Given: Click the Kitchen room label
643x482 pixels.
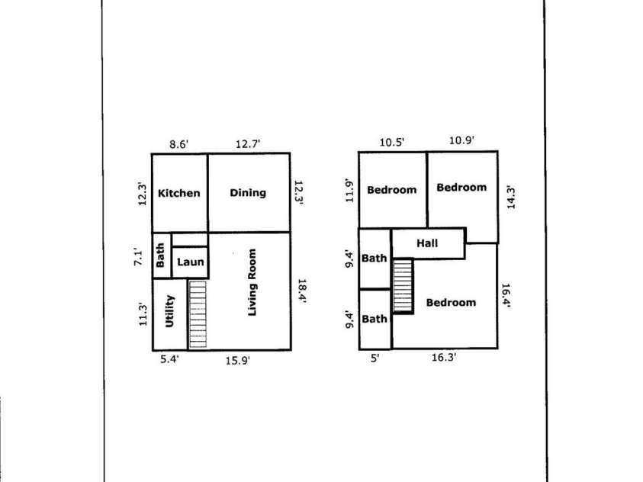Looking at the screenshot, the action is (179, 193).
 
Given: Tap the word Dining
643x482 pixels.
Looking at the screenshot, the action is (248, 193).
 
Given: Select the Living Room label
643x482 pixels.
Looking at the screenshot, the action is (252, 282).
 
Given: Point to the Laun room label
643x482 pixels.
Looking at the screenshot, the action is (190, 262).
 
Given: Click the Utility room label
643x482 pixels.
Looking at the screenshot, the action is (169, 311).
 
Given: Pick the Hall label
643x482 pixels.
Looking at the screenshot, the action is (427, 243).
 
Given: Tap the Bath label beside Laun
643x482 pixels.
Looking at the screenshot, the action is (160, 255).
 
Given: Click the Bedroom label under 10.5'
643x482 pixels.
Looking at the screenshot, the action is (391, 190).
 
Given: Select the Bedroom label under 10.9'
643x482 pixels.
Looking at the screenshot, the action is (461, 188).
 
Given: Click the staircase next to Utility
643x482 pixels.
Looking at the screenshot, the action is (198, 314).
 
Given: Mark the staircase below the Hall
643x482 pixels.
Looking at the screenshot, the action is (403, 286).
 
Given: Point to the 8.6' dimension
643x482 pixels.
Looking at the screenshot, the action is (179, 145).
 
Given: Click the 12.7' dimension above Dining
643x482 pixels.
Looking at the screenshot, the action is (248, 144).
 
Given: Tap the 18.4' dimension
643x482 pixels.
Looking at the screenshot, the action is (301, 291).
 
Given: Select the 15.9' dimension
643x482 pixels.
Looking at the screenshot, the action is (238, 361).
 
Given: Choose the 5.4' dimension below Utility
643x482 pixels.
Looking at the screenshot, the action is (169, 359).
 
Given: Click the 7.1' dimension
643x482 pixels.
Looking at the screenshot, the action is (139, 259).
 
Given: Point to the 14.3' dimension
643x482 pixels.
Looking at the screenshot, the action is (511, 198).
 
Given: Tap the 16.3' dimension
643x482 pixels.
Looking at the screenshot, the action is (444, 358).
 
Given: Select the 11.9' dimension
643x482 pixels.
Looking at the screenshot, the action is (349, 191).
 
